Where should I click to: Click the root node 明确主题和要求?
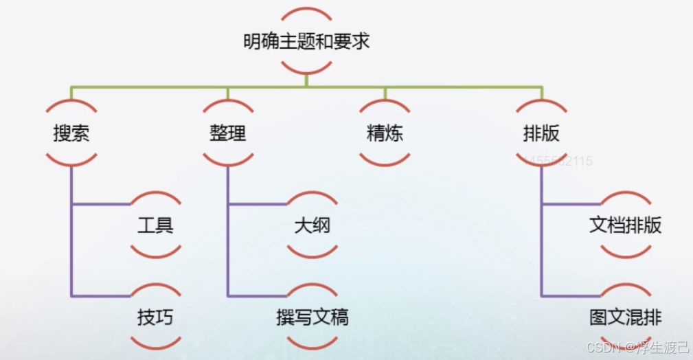click(306, 41)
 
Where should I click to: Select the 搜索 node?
click(71, 133)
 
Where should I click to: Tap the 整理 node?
click(227, 133)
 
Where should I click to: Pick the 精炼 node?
click(385, 133)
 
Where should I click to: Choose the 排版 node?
click(541, 133)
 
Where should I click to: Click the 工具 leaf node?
click(155, 225)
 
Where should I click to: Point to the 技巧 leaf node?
click(155, 317)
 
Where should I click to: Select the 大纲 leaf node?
click(312, 225)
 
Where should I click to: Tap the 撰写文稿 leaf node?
click(312, 317)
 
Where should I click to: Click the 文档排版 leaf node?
click(625, 225)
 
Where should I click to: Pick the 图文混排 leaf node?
click(625, 317)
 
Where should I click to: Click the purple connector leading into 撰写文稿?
click(257, 296)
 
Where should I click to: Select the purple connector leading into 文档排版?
click(571, 204)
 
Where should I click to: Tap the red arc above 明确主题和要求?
click(306, 12)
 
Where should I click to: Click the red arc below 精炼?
click(385, 162)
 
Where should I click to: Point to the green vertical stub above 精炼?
click(385, 93)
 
